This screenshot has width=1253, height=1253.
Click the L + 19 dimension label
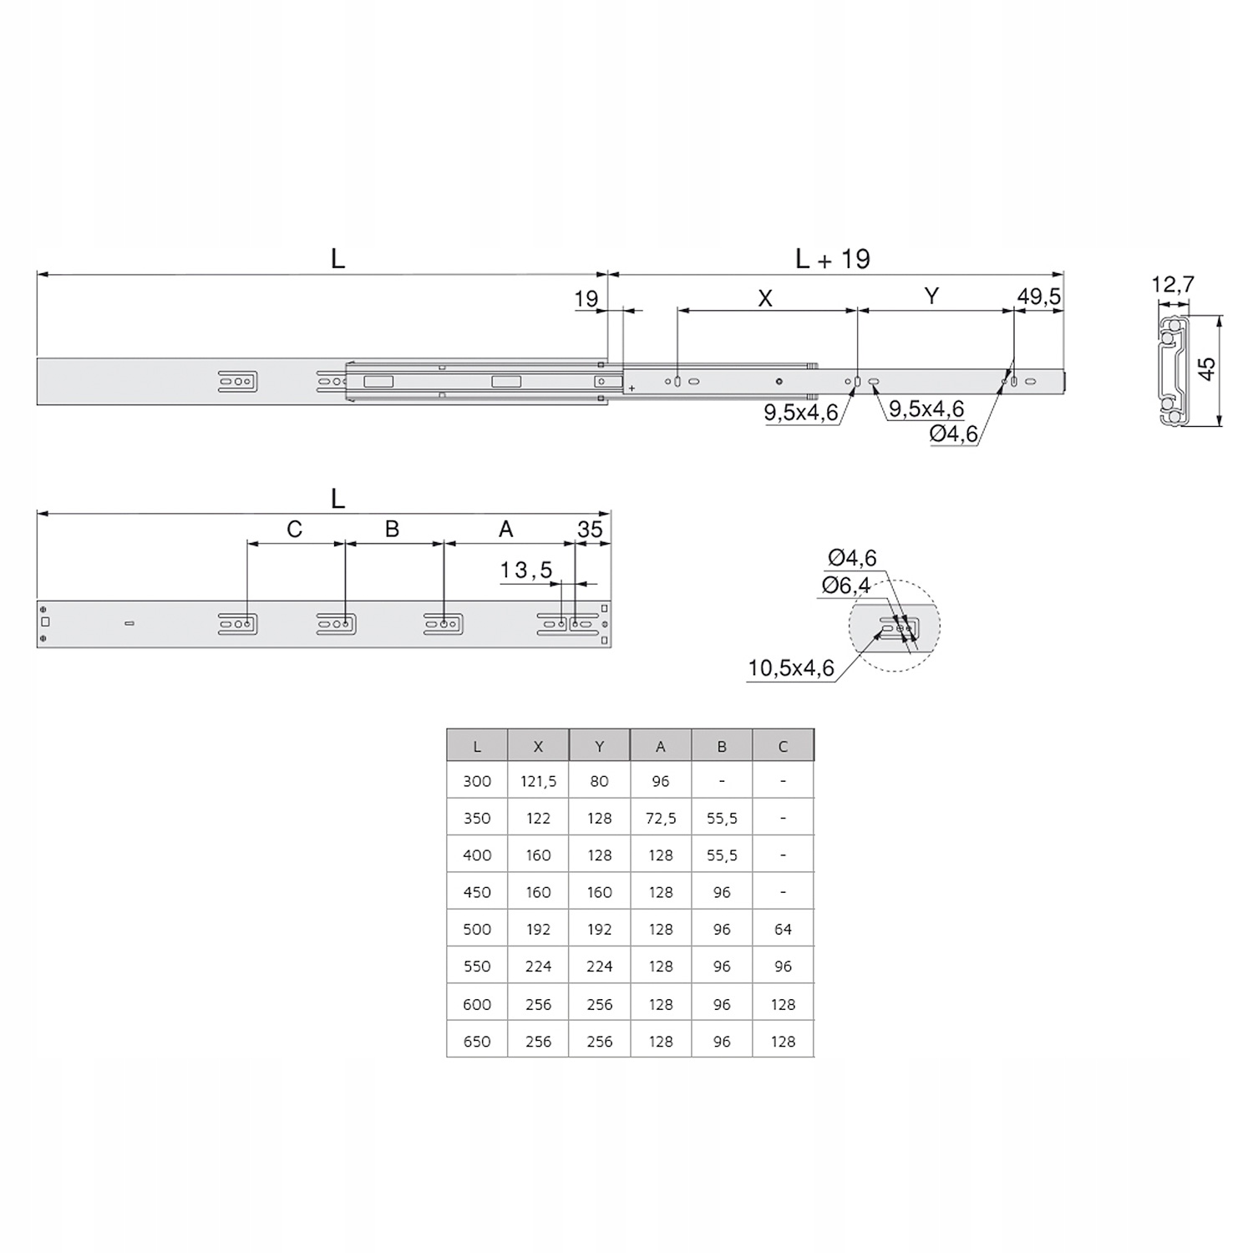coord(833,259)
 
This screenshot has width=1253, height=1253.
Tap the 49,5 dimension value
coord(1039,297)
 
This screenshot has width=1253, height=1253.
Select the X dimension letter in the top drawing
coord(765,298)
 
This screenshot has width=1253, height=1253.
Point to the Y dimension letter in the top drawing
coord(932,296)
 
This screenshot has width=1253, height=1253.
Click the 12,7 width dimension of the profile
coord(1173,285)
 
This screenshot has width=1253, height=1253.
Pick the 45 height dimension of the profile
coord(1206,368)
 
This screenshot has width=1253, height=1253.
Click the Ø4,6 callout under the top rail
coord(954,434)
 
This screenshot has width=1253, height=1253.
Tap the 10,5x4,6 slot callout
coord(791,668)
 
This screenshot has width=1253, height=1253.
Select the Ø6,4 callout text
coord(845,586)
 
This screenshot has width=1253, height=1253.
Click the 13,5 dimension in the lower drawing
coord(526,571)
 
